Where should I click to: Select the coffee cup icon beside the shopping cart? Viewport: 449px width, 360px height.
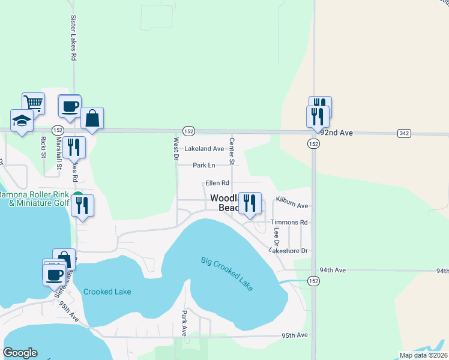[x=70, y=106]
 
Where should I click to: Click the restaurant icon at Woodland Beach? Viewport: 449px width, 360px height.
[x=249, y=203]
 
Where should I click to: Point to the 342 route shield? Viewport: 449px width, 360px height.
[x=403, y=133]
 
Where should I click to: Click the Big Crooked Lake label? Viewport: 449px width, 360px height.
[x=227, y=274]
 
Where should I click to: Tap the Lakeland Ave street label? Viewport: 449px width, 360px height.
[x=204, y=148]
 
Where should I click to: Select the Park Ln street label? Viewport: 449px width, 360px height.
[x=204, y=165]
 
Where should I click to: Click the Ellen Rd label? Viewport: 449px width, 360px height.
[x=217, y=182]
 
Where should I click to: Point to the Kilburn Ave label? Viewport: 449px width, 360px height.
[x=292, y=205]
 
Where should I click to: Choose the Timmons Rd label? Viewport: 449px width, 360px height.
[x=289, y=222]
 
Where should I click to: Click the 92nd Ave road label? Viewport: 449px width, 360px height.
[x=337, y=133]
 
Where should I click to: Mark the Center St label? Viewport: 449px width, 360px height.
[x=232, y=150]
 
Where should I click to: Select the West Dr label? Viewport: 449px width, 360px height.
[x=176, y=149]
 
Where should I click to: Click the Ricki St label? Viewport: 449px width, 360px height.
[x=43, y=146]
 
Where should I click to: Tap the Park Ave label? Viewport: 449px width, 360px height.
[x=185, y=323]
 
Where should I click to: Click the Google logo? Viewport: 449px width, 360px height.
[x=20, y=353]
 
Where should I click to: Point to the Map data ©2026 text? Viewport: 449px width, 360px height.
[x=423, y=355]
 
